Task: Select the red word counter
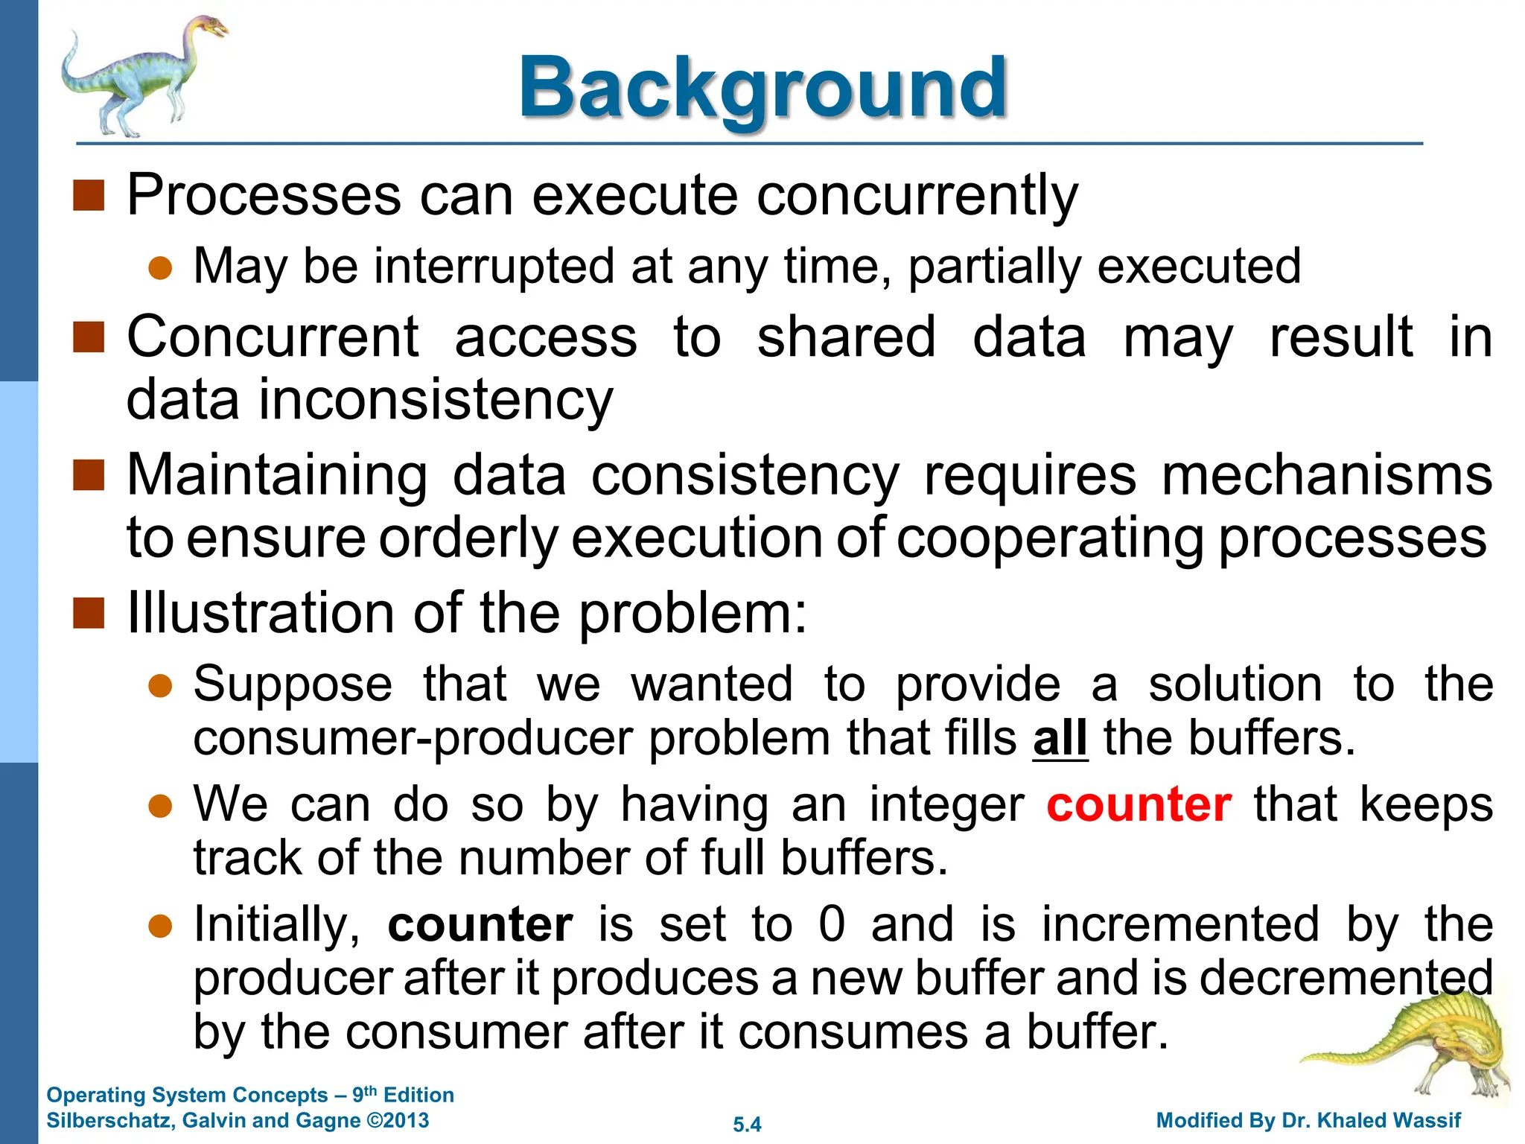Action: click(1139, 804)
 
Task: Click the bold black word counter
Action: click(480, 924)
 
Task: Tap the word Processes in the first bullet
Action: click(264, 195)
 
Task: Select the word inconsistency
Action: click(436, 400)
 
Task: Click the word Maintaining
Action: click(277, 475)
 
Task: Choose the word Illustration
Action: click(261, 613)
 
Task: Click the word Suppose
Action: click(293, 684)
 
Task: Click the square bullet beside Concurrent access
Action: click(89, 337)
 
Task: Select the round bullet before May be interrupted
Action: click(160, 267)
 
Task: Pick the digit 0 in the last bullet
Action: click(832, 924)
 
